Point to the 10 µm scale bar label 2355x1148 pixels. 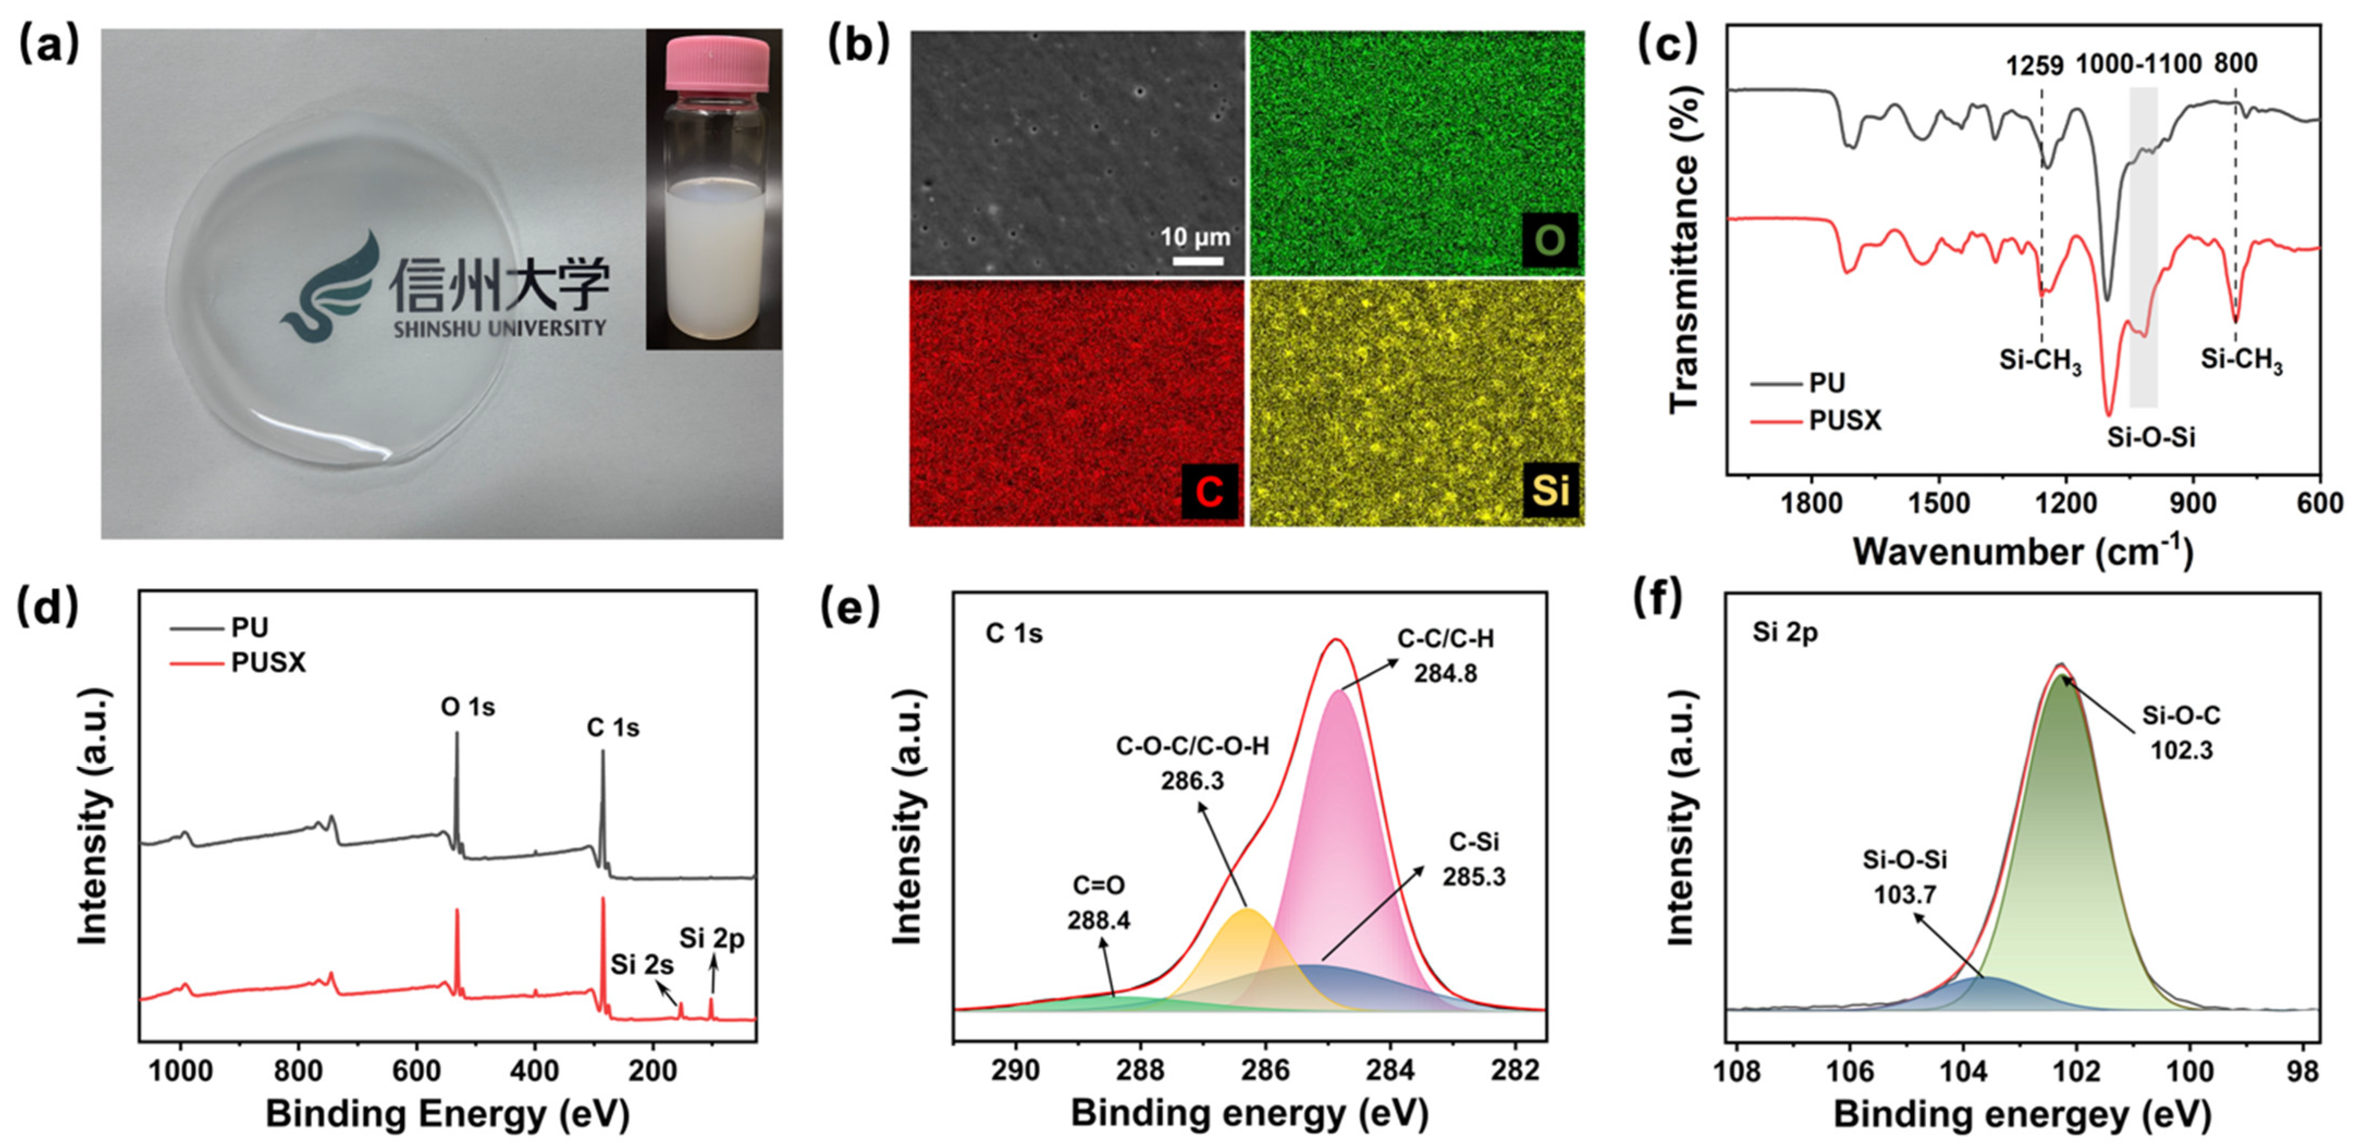pos(1195,238)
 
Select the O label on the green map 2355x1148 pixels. pos(1550,240)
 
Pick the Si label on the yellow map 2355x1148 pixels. pos(1550,491)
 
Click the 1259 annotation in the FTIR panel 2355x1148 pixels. pos(2035,66)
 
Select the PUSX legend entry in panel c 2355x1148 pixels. pos(1845,421)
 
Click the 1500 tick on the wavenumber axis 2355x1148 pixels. pos(1939,504)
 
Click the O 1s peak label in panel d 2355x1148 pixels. pos(467,707)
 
